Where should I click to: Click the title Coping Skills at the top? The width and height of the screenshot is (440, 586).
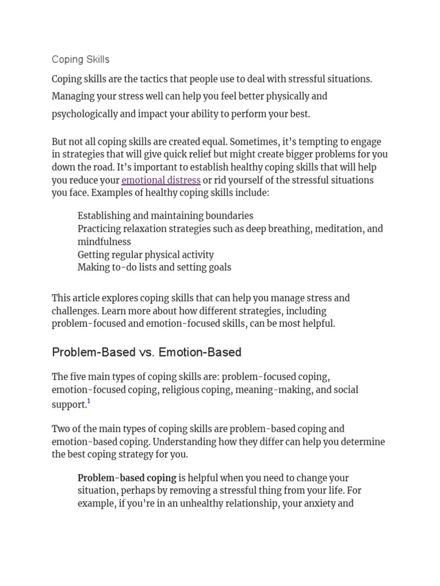(x=80, y=60)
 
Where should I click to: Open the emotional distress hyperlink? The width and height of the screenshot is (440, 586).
(x=161, y=180)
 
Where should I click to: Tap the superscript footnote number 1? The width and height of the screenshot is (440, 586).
(x=89, y=402)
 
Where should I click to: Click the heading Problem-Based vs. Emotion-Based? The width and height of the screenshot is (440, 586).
(x=147, y=353)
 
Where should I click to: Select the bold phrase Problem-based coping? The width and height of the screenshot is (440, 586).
(x=127, y=478)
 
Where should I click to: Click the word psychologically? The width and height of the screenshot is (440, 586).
(x=84, y=114)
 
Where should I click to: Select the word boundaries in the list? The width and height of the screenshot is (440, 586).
(x=225, y=216)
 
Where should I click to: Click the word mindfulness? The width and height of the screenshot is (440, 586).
(x=104, y=241)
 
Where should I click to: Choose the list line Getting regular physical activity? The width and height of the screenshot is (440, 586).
(x=146, y=255)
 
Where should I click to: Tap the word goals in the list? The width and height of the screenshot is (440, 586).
(x=219, y=267)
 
